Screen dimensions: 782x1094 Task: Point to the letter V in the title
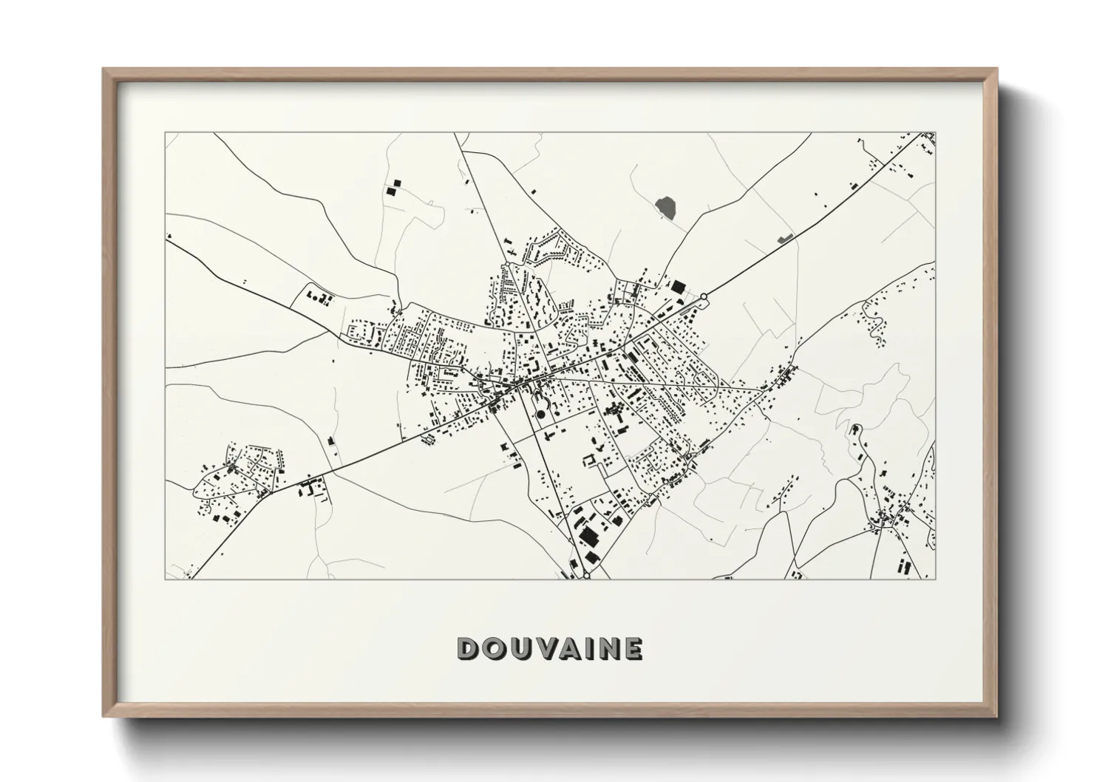(x=540, y=648)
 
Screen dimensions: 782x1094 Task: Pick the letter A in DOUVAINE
(x=565, y=648)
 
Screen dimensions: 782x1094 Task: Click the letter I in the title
(x=584, y=648)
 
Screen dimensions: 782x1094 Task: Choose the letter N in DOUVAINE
(x=605, y=648)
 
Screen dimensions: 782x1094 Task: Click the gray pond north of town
(x=666, y=208)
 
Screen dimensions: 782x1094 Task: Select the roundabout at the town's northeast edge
(x=704, y=297)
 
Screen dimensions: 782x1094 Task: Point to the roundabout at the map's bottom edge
(x=586, y=576)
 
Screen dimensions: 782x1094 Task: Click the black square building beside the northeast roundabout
(x=678, y=285)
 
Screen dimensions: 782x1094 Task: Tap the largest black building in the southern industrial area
(x=588, y=535)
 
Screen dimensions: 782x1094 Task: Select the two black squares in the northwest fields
(x=393, y=187)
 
